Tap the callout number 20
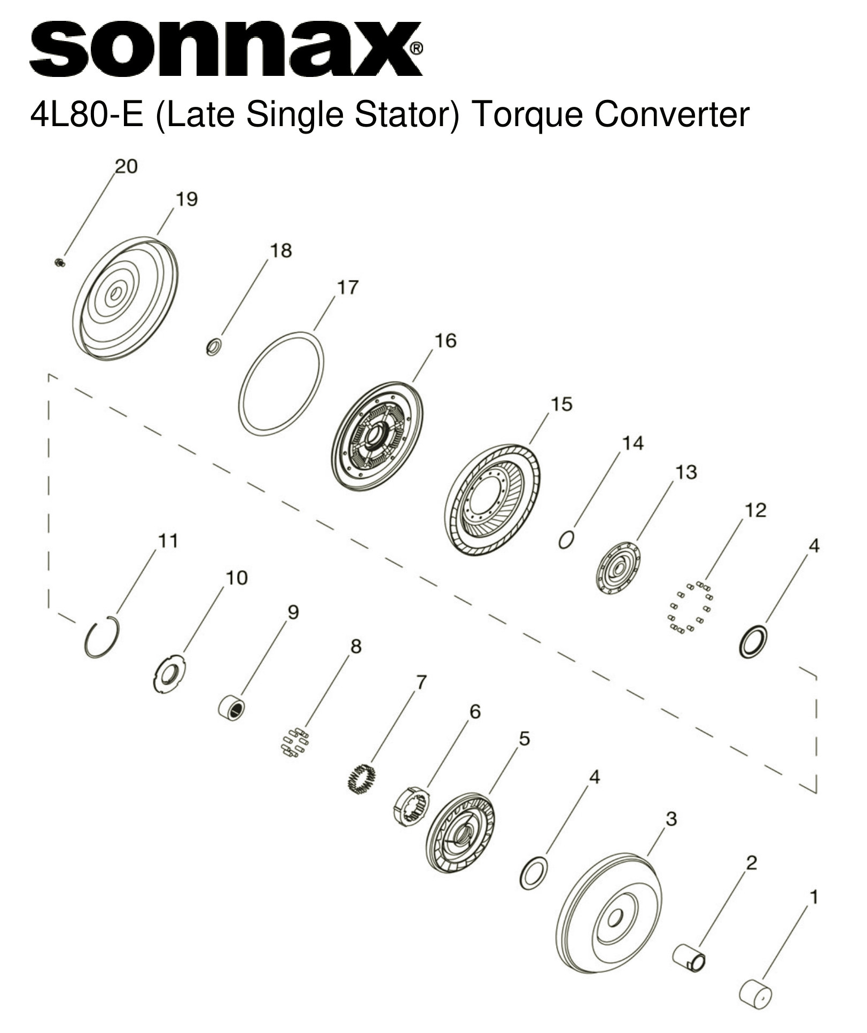point(126,167)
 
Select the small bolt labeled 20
point(59,262)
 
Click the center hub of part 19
point(114,293)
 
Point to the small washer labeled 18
point(214,347)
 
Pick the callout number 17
point(347,288)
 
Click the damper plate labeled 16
point(377,436)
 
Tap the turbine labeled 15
point(492,499)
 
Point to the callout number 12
point(755,510)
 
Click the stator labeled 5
point(460,833)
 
